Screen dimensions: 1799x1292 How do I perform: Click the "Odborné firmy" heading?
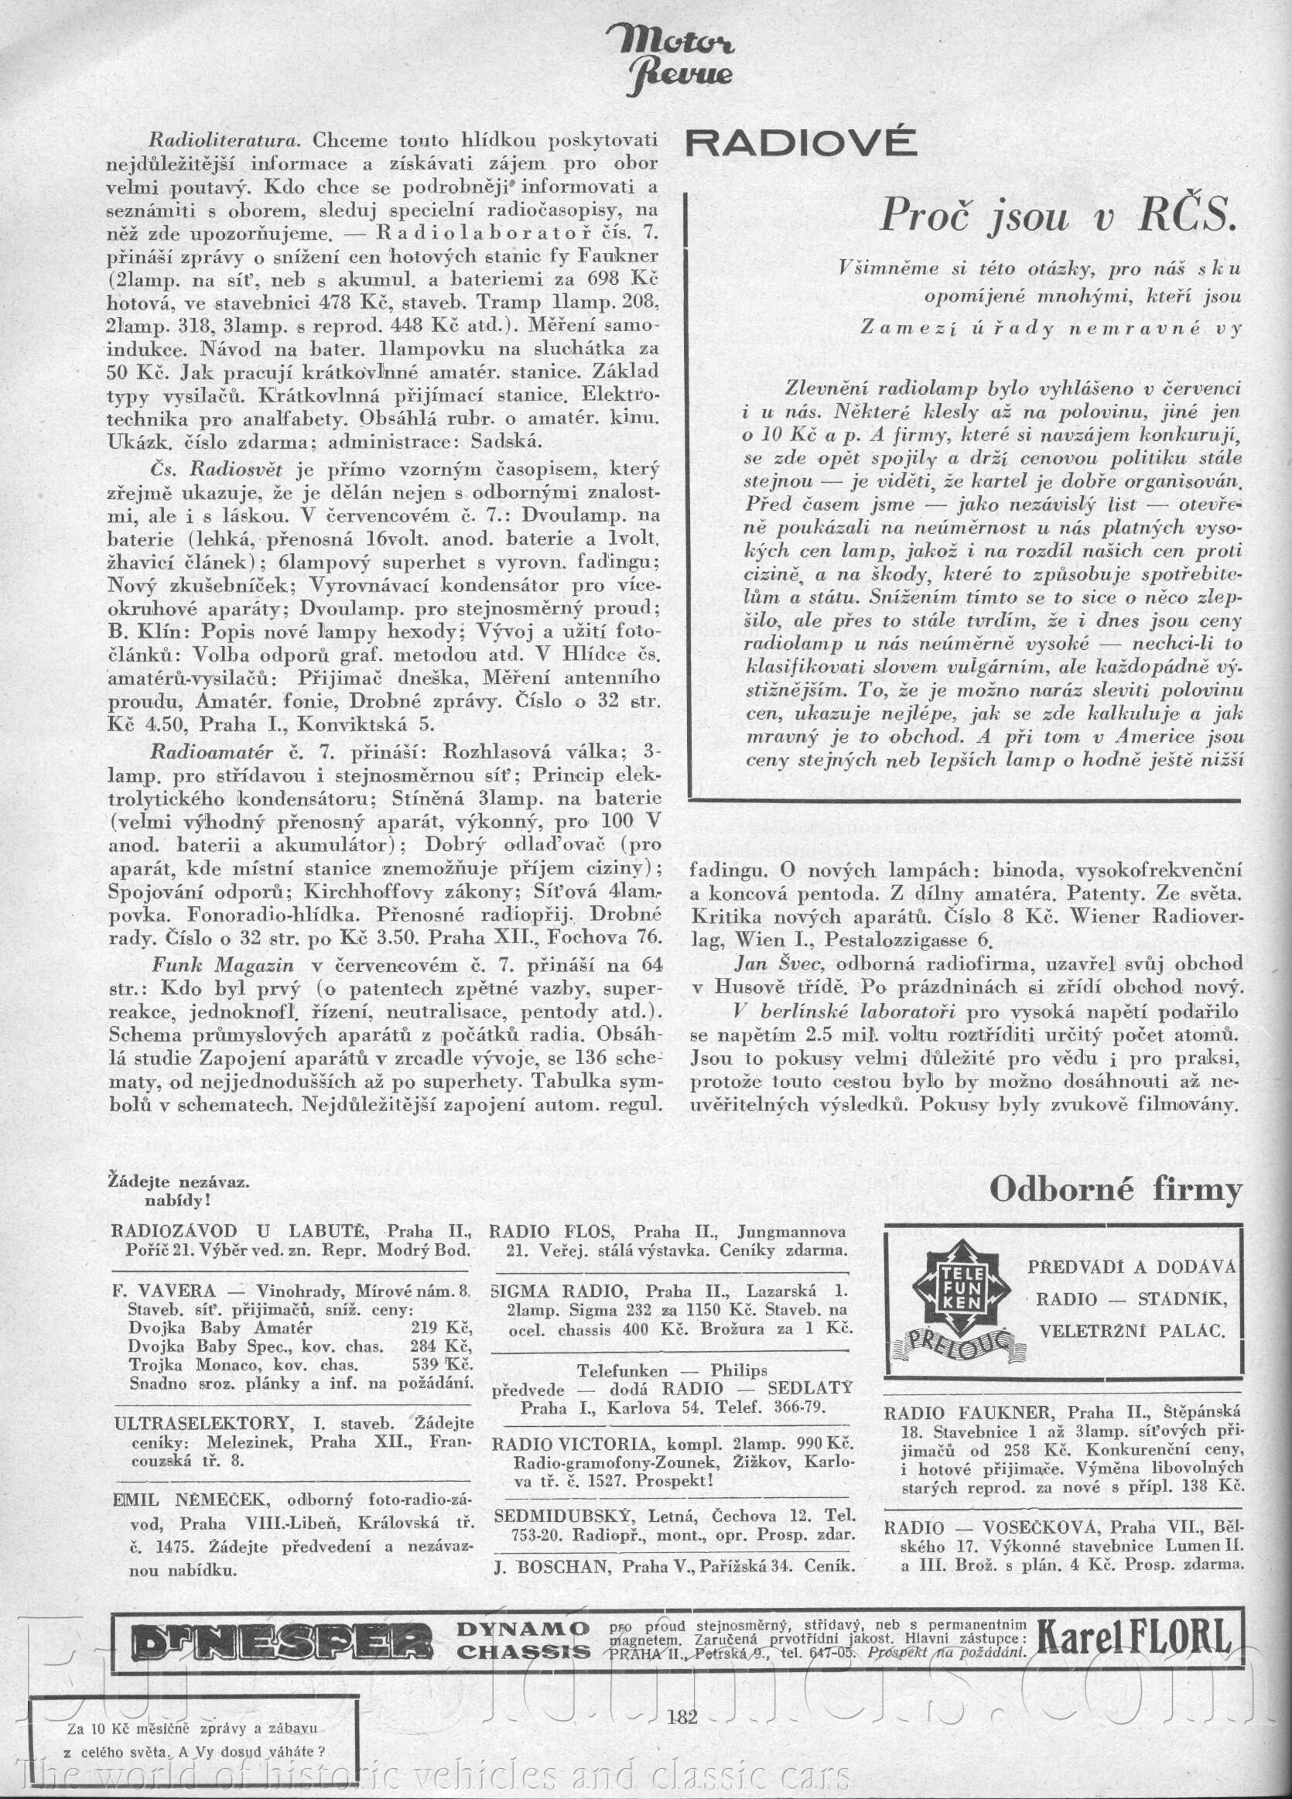pyautogui.click(x=1115, y=1189)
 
